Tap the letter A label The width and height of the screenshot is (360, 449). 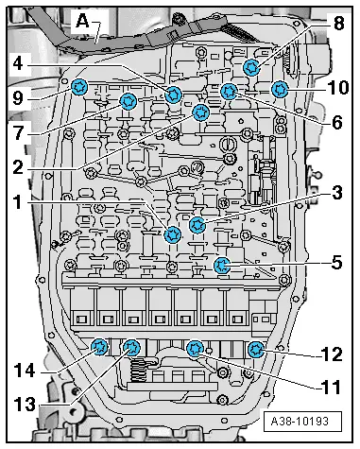tap(82, 18)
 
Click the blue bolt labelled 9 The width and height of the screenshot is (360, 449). tap(80, 88)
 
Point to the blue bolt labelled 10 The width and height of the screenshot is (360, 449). tap(280, 90)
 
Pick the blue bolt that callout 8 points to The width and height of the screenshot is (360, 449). tap(251, 67)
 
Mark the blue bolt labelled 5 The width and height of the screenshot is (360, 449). tap(222, 265)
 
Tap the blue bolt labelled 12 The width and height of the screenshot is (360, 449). tap(255, 351)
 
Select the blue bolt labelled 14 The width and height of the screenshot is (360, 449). tap(98, 347)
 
